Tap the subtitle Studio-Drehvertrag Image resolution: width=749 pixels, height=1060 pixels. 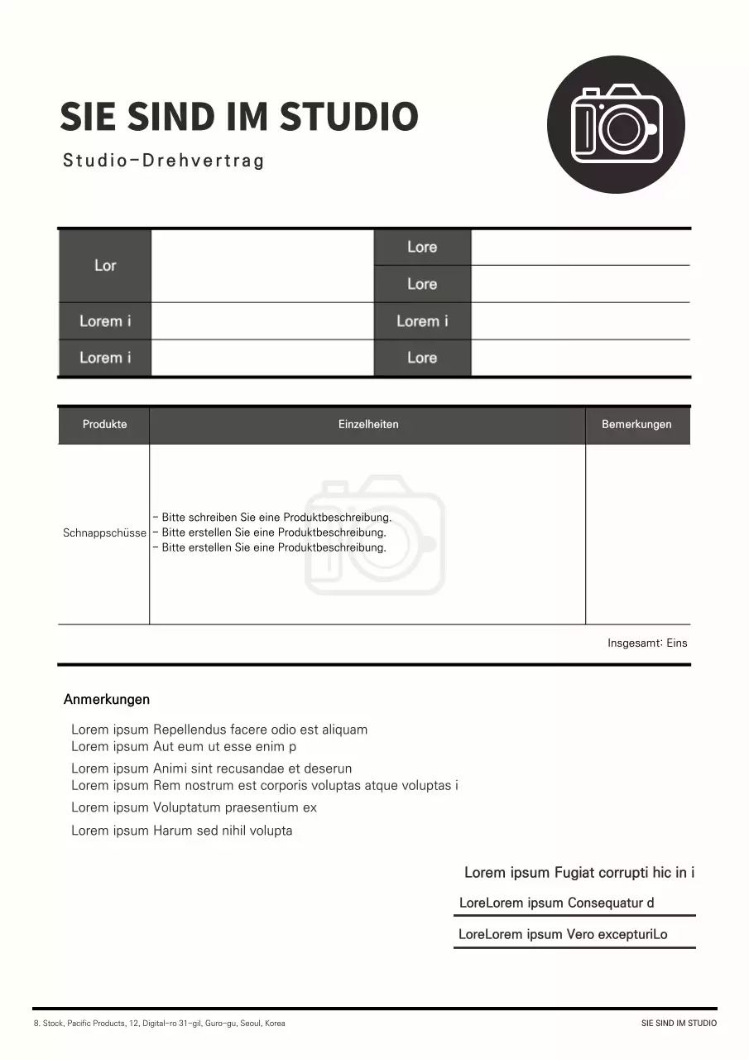pyautogui.click(x=163, y=161)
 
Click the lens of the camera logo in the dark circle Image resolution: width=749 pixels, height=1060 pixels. pyautogui.click(x=620, y=128)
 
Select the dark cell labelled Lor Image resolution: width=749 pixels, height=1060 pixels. pyautogui.click(x=105, y=266)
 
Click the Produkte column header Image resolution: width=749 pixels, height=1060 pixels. pyautogui.click(x=104, y=425)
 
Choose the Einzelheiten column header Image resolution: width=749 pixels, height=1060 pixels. pyautogui.click(x=368, y=425)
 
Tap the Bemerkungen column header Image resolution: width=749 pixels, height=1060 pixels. pyautogui.click(x=636, y=425)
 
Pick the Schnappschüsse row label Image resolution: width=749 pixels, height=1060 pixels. pyautogui.click(x=104, y=533)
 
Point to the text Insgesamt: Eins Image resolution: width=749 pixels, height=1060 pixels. pyautogui.click(x=647, y=643)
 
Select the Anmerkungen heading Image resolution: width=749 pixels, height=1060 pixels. pyautogui.click(x=107, y=700)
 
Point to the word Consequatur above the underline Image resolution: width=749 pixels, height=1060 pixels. pyautogui.click(x=605, y=903)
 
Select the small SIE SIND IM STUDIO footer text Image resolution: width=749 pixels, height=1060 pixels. pyautogui.click(x=679, y=1024)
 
